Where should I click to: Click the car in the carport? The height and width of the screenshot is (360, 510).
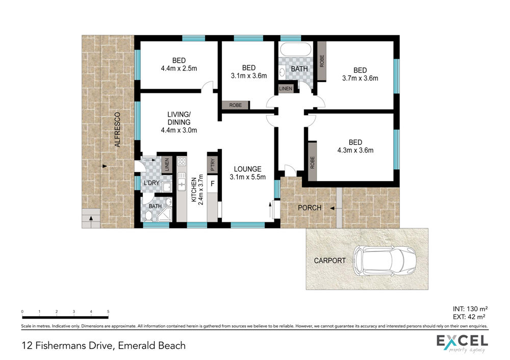coord(385,261)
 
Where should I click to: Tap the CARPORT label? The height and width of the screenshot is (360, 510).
coord(329,261)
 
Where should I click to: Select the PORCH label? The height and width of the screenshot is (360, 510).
coord(310,208)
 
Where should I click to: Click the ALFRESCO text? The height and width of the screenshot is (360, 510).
coord(117,130)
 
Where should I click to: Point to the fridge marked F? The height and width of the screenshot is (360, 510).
coord(212,184)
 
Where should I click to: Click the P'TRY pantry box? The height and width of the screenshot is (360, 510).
coord(212,164)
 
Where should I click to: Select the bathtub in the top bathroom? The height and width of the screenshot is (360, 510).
coord(295,49)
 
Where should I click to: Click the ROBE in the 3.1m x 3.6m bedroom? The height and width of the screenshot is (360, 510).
coord(236,105)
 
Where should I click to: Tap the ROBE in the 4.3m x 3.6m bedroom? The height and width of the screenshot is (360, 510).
coord(312,162)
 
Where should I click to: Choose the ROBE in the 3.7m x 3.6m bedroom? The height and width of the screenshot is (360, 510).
coord(322,61)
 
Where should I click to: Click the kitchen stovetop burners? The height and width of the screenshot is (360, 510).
coord(182,162)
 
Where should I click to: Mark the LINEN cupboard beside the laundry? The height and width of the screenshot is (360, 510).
coord(167,165)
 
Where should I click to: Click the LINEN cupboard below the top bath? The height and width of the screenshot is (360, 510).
coord(286,88)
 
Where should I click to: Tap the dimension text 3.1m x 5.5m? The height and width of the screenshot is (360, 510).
coord(247,177)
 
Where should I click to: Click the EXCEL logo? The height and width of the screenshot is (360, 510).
coord(462,343)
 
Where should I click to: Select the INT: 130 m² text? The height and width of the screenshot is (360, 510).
coord(470,309)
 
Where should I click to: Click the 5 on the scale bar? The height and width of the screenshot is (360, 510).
coord(108,312)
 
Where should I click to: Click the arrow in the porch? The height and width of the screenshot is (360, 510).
coord(333,208)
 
